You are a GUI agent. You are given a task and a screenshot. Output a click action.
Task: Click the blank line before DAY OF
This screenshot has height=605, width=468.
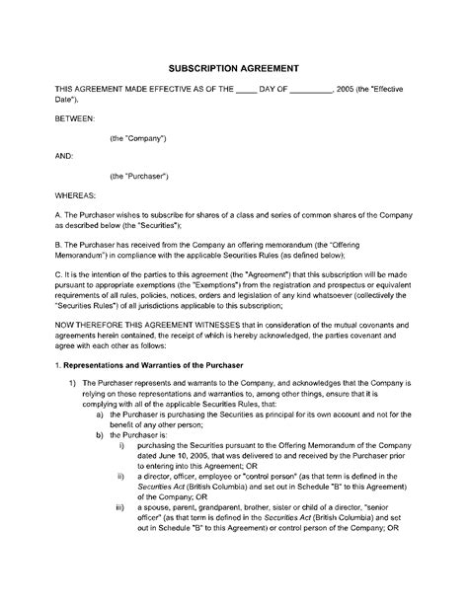click(x=247, y=89)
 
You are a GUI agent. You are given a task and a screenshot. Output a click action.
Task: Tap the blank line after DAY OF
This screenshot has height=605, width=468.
click(x=314, y=89)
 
